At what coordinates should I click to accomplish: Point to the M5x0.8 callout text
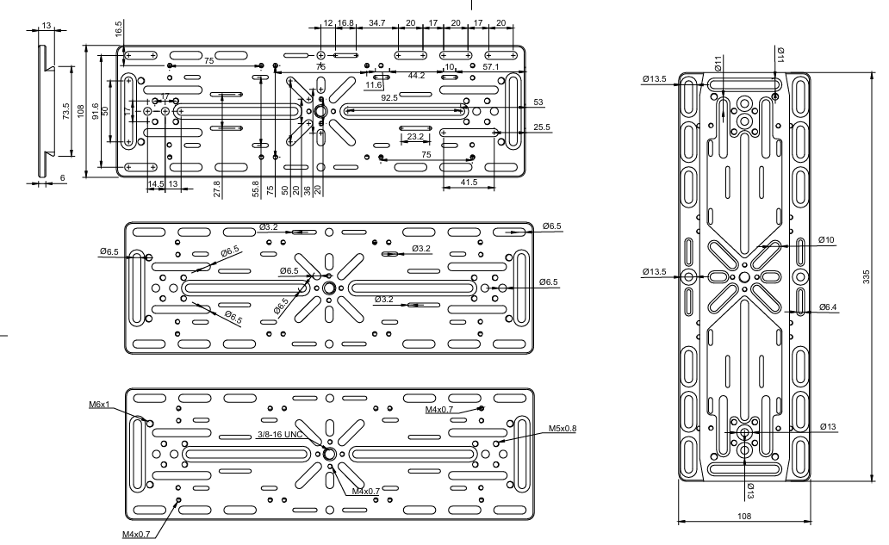[x=562, y=428]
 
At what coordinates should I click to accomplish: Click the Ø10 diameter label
[x=828, y=239]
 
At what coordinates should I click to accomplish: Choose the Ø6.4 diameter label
[x=828, y=307]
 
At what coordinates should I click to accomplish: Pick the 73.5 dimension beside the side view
[x=65, y=111]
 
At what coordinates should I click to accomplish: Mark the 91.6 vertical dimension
[x=94, y=111]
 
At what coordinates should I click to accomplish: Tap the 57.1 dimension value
[x=492, y=66]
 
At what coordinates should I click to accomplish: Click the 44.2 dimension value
[x=417, y=76]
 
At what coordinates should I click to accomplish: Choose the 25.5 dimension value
[x=542, y=127]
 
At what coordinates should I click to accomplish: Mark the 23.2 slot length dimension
[x=415, y=137]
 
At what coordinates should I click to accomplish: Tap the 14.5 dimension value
[x=156, y=183]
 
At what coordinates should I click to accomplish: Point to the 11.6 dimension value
[x=373, y=85]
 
